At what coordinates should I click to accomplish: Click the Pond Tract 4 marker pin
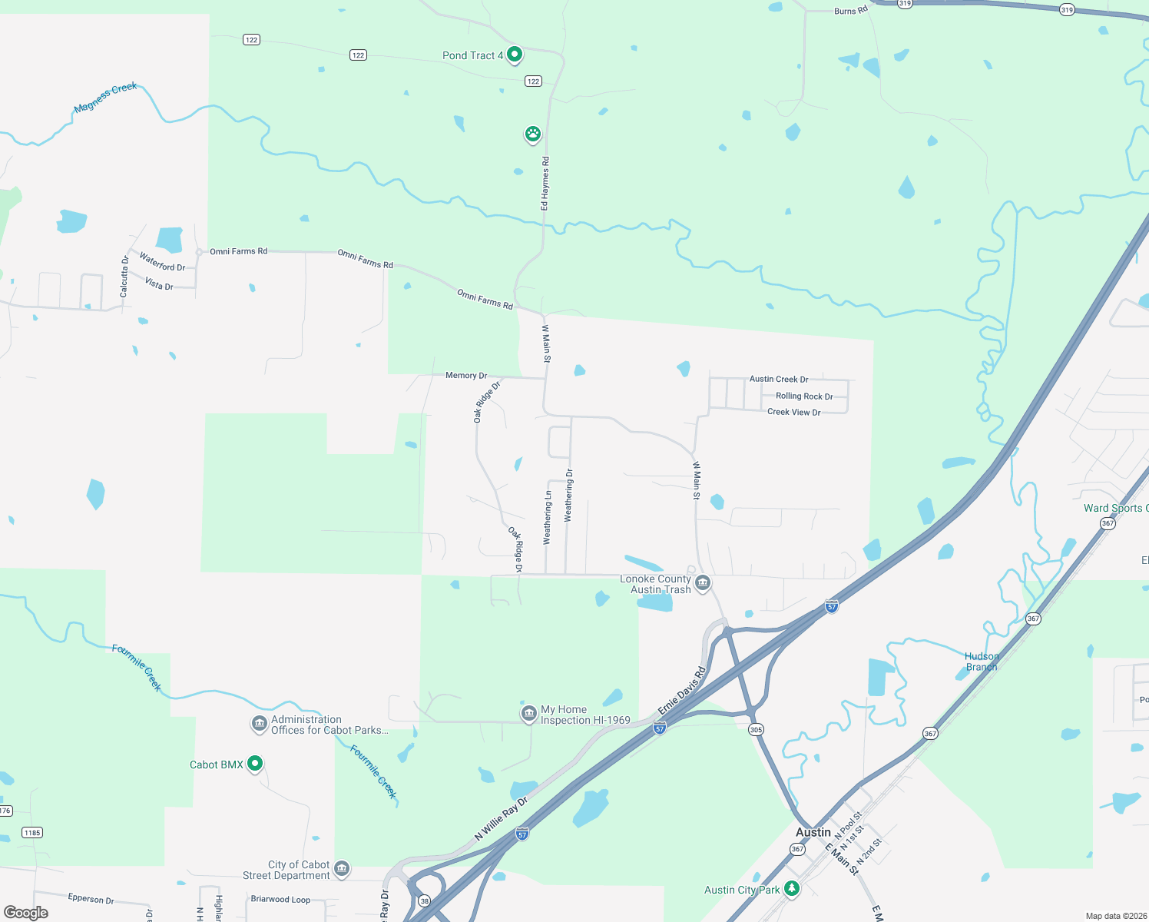click(515, 55)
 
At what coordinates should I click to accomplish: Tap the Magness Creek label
click(106, 98)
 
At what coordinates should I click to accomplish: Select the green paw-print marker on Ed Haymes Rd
click(532, 134)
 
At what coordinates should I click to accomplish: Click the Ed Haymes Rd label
click(545, 184)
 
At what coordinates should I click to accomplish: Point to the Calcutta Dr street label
click(124, 277)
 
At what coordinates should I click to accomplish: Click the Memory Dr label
click(466, 376)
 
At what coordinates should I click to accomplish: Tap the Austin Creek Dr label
click(778, 379)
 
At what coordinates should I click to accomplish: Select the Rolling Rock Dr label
click(803, 396)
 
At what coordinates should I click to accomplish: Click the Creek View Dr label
click(793, 412)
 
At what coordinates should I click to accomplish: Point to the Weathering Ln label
click(548, 518)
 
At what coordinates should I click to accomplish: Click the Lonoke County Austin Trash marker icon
click(702, 584)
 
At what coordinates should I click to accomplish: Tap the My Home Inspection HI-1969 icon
click(528, 714)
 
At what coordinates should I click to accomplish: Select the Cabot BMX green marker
click(255, 764)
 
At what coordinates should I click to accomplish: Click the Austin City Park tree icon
click(792, 889)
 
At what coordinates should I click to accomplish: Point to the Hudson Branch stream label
click(982, 662)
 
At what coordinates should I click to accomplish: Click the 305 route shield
click(756, 730)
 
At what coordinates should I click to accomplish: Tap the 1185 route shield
click(32, 833)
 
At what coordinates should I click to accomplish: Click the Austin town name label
click(813, 832)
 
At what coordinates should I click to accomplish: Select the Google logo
click(26, 913)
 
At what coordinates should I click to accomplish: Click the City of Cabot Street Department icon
click(342, 869)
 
